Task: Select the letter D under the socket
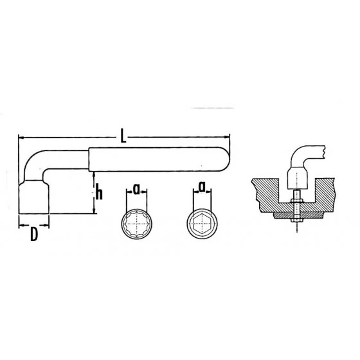tap(33, 235)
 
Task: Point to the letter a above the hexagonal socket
tap(202, 188)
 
